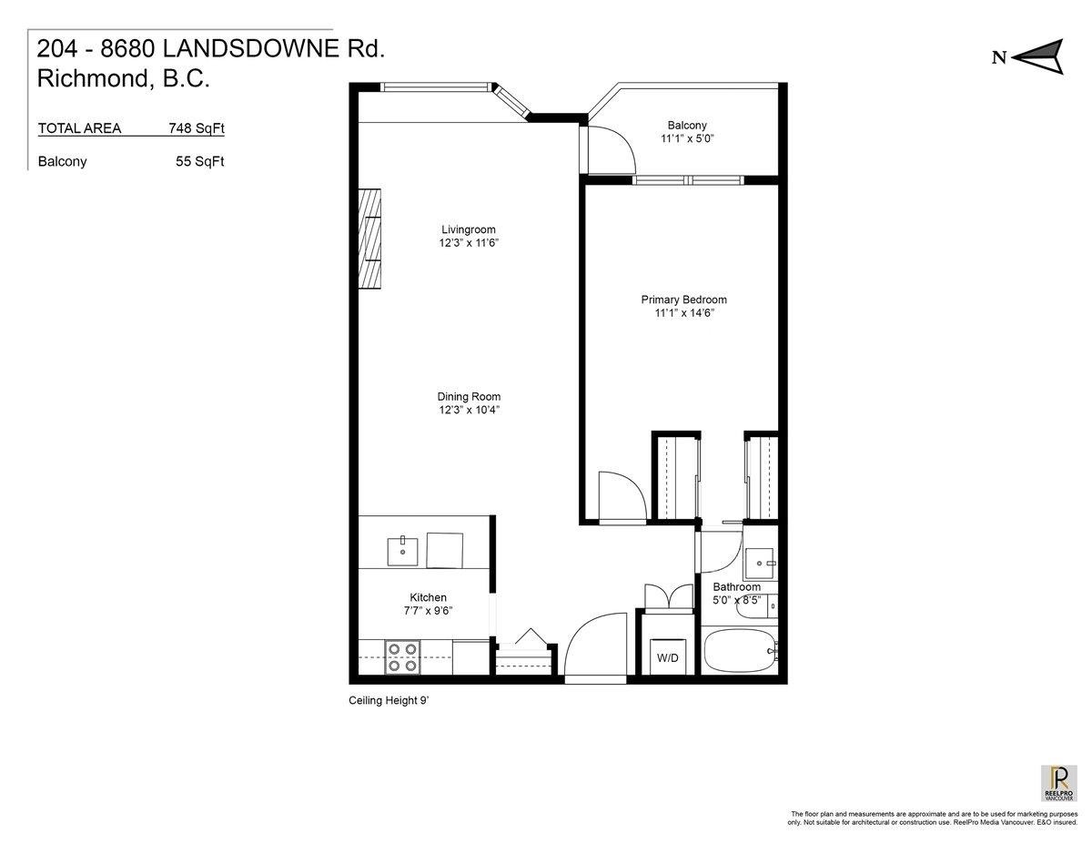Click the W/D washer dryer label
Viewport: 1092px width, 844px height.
[668, 658]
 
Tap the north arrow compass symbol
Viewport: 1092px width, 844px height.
[1037, 56]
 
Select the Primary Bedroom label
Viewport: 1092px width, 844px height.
[683, 300]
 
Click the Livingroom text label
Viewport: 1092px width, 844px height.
[469, 229]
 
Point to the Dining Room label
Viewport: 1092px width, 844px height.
[469, 397]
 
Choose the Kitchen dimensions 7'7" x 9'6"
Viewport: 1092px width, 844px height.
[428, 611]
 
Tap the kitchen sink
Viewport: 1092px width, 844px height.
[402, 551]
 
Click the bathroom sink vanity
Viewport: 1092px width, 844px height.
[760, 563]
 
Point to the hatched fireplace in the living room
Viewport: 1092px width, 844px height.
[369, 239]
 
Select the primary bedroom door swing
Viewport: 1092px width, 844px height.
[621, 496]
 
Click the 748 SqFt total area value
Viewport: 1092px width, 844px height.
[197, 128]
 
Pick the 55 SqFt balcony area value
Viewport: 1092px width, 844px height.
[200, 162]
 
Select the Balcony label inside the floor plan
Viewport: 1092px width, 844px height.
[686, 126]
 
